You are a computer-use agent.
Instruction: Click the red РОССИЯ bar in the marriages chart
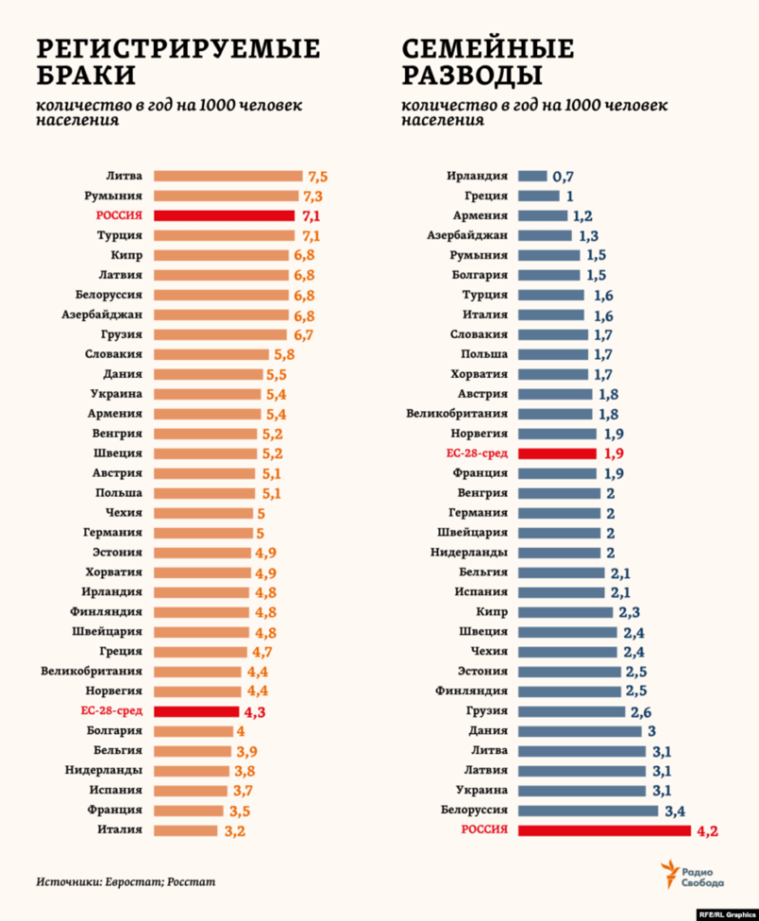225,216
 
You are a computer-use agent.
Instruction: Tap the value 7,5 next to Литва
317,176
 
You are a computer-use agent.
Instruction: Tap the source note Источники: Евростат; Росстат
126,881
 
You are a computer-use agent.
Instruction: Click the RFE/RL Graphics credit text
726,913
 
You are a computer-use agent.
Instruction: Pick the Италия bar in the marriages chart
187,830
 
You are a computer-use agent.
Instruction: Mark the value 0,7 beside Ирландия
564,177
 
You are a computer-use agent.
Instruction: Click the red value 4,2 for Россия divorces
708,831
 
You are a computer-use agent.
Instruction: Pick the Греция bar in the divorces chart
540,196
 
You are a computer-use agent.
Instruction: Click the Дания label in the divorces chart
488,730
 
